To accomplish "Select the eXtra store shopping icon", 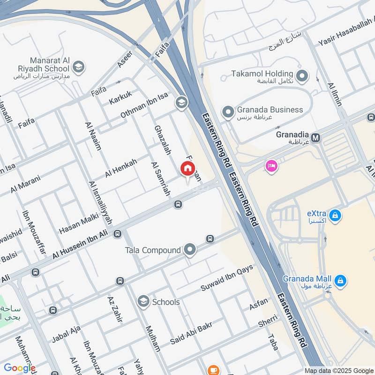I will click(335, 216).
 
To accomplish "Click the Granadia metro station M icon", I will click(316, 138).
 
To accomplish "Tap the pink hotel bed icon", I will click(271, 166).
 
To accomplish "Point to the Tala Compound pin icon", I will click(190, 250).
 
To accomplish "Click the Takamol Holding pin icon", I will click(302, 75).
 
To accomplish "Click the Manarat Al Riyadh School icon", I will click(78, 67).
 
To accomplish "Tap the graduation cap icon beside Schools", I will click(143, 302).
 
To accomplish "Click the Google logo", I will click(20, 368).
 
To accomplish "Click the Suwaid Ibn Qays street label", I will click(227, 278).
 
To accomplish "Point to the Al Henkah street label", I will click(121, 168).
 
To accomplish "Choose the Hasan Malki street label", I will click(79, 224).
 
